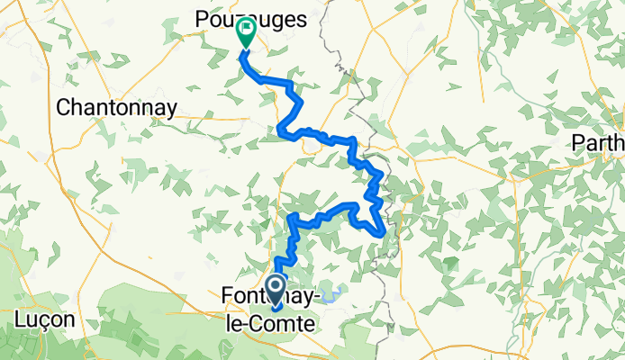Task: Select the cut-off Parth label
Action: click(x=599, y=143)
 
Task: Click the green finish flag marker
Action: click(x=245, y=33)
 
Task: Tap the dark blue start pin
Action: click(x=277, y=289)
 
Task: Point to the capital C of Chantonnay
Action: click(x=63, y=107)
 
